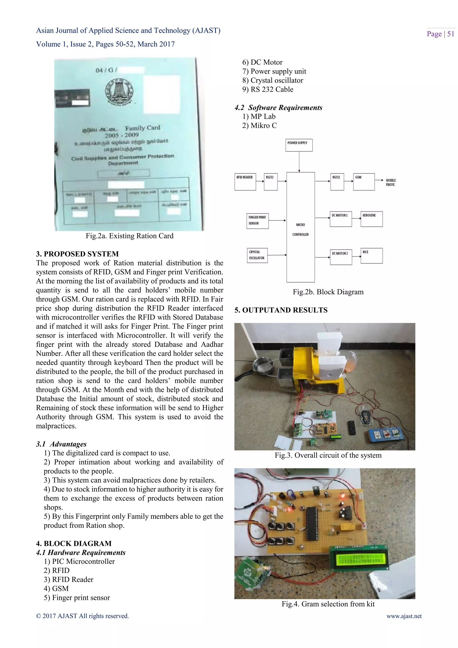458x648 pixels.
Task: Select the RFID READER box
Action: click(x=245, y=182)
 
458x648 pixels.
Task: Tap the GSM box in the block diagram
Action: click(x=364, y=182)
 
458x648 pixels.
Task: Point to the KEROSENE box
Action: click(x=371, y=219)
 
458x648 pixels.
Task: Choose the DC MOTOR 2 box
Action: click(x=341, y=257)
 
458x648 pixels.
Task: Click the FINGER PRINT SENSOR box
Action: click(x=257, y=221)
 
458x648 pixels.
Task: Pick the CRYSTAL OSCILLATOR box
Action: click(x=257, y=255)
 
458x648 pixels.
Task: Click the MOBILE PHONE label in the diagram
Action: click(x=391, y=182)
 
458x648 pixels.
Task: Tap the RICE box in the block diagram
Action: click(x=371, y=256)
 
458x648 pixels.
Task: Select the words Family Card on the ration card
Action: click(x=142, y=128)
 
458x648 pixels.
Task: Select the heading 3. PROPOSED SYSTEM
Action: click(x=77, y=254)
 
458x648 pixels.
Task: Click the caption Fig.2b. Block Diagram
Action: click(x=328, y=292)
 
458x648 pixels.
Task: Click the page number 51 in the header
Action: click(x=450, y=34)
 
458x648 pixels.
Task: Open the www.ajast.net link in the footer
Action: click(x=404, y=616)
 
